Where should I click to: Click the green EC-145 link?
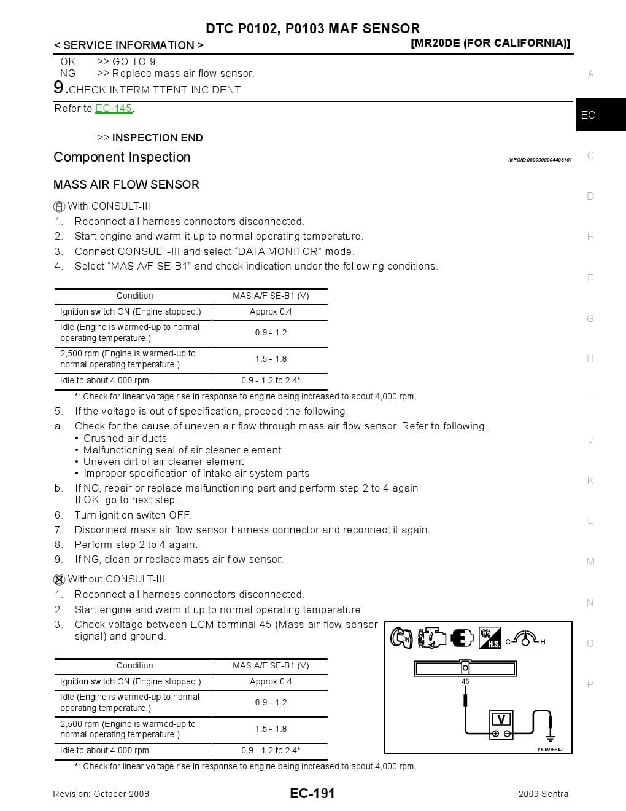pyautogui.click(x=114, y=108)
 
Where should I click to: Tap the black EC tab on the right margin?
pyautogui.click(x=600, y=115)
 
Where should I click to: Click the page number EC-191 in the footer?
pyautogui.click(x=312, y=793)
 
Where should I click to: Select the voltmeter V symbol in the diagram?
pyautogui.click(x=501, y=719)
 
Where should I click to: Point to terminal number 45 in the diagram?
pyautogui.click(x=465, y=681)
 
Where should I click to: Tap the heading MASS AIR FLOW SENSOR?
pyautogui.click(x=126, y=184)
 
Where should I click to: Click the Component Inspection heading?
pyautogui.click(x=122, y=157)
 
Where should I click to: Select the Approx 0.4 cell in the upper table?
pyautogui.click(x=271, y=311)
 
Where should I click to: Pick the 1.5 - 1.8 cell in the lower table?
pyautogui.click(x=271, y=729)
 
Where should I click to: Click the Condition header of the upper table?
pyautogui.click(x=134, y=296)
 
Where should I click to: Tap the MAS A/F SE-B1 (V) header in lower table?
pyautogui.click(x=271, y=665)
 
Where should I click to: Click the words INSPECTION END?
pyautogui.click(x=157, y=138)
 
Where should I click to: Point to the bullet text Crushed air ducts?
pyautogui.click(x=125, y=438)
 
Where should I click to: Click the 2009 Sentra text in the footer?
pyautogui.click(x=543, y=794)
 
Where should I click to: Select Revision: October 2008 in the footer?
pyautogui.click(x=101, y=794)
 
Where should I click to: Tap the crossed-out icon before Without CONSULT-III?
pyautogui.click(x=60, y=579)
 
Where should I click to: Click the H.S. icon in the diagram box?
pyautogui.click(x=490, y=638)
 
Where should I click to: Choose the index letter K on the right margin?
pyautogui.click(x=590, y=480)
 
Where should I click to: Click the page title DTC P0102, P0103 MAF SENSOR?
pyautogui.click(x=312, y=28)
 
